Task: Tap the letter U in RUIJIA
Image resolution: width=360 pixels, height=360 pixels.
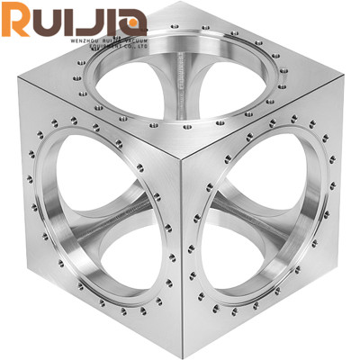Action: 52,20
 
